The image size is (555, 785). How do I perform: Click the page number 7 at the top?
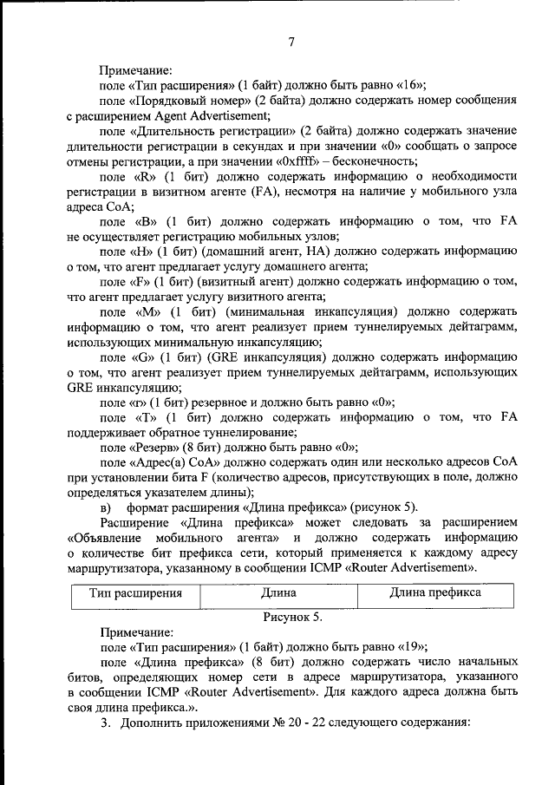click(x=292, y=42)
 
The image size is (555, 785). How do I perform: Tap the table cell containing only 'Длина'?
click(x=278, y=594)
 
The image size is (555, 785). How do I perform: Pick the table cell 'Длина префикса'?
click(x=434, y=594)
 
